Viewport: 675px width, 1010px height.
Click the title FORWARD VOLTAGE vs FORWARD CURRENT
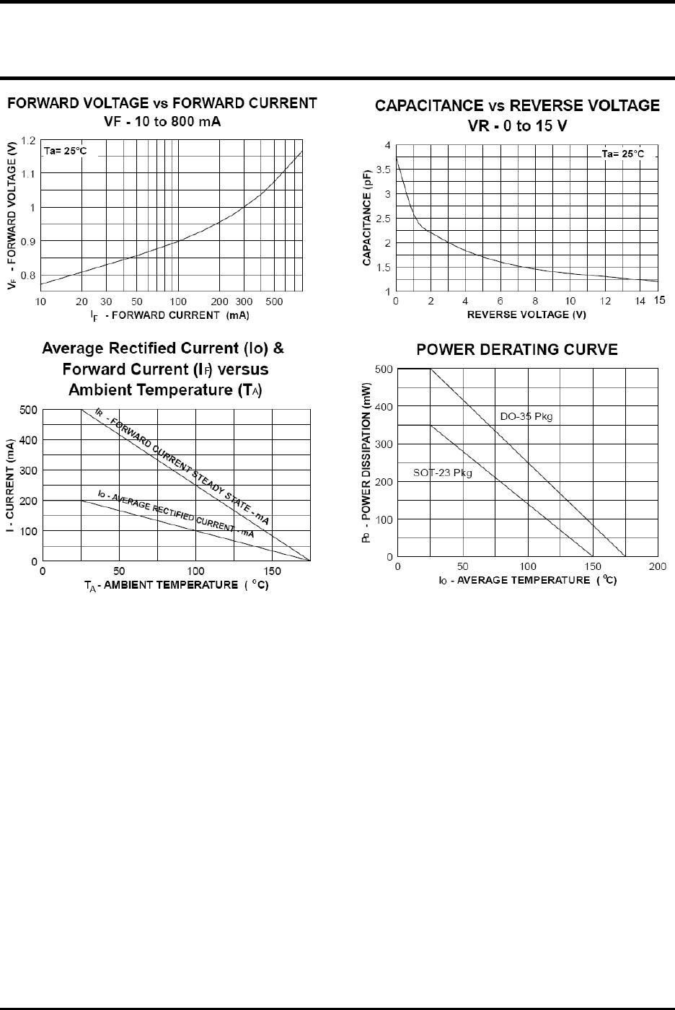(162, 104)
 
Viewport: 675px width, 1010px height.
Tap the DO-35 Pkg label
(526, 417)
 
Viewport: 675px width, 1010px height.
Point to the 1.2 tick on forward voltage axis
(29, 141)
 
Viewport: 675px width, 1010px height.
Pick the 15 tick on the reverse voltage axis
(660, 300)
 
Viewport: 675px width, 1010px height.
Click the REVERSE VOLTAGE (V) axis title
(526, 315)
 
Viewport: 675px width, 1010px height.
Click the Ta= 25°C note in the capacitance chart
(624, 155)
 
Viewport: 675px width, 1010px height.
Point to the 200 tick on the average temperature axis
(657, 567)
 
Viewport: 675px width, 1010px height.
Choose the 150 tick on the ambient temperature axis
(272, 571)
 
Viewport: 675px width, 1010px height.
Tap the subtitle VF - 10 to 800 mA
(162, 121)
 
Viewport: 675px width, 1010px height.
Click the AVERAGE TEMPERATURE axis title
(528, 580)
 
